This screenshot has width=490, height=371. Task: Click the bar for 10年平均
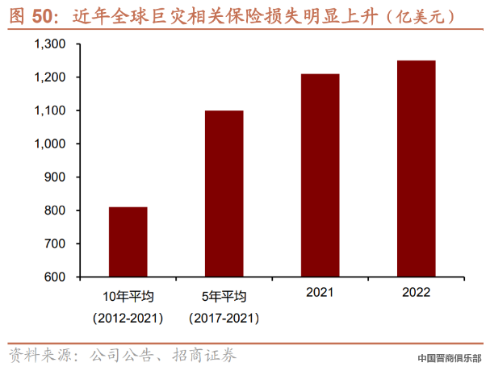pos(128,242)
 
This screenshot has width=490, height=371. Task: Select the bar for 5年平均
pos(224,194)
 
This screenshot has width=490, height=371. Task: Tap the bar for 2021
pos(320,175)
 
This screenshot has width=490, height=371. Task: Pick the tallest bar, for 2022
pos(416,169)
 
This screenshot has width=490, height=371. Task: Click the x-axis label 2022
pos(416,293)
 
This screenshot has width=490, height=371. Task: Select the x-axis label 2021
pos(320,293)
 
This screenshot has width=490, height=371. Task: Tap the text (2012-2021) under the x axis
pos(128,317)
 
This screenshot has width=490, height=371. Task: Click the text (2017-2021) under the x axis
pos(224,317)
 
